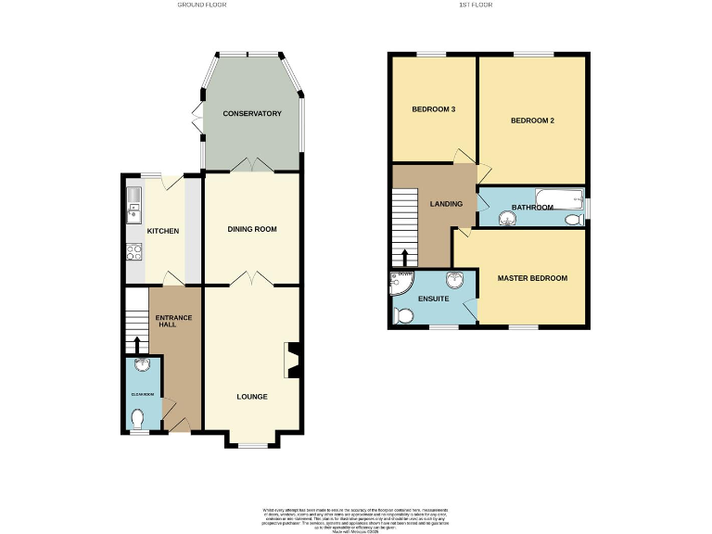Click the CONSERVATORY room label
click(x=252, y=114)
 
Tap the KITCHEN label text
click(x=162, y=231)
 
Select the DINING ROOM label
click(x=252, y=229)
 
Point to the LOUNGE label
click(x=252, y=397)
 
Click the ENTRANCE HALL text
click(x=173, y=322)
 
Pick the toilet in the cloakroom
click(x=138, y=419)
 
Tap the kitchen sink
click(x=132, y=198)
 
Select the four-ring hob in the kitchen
click(x=133, y=251)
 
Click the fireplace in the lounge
click(x=293, y=361)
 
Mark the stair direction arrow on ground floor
click(x=137, y=345)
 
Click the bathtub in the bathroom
click(x=558, y=197)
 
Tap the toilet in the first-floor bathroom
click(x=575, y=219)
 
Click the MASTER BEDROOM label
click(x=532, y=278)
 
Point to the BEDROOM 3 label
click(x=434, y=110)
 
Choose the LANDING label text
click(x=445, y=204)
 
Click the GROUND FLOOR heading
click(x=201, y=5)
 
